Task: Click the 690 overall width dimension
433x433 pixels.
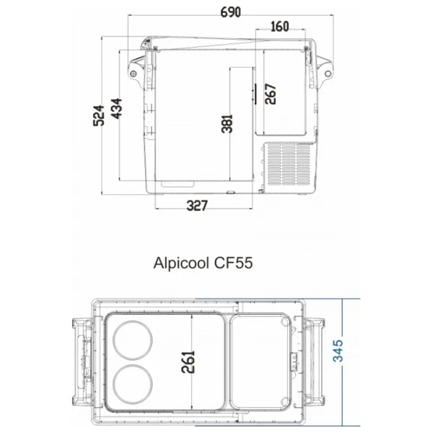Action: (231, 12)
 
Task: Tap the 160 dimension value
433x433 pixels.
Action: (280, 27)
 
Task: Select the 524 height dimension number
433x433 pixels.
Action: (99, 115)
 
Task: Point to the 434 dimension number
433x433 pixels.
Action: (116, 108)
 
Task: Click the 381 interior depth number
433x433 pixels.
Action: (227, 124)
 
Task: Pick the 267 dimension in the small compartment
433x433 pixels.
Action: (271, 94)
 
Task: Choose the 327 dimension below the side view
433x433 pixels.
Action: (197, 206)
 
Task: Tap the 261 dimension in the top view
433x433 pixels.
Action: (188, 362)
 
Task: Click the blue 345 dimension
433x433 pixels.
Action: (338, 351)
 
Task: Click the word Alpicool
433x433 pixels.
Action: (181, 263)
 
